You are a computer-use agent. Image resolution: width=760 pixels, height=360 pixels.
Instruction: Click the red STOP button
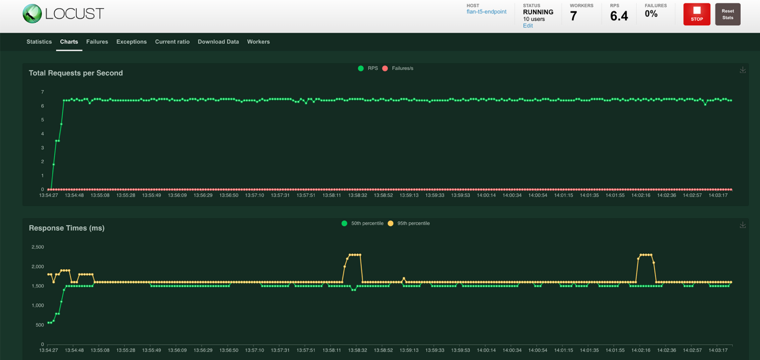697,14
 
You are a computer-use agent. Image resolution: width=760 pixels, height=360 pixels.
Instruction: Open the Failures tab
97,42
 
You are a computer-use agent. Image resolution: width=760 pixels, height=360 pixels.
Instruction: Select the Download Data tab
218,42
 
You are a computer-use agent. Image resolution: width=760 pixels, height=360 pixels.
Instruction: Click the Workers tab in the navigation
258,42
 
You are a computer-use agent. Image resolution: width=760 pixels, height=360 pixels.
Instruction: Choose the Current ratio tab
172,42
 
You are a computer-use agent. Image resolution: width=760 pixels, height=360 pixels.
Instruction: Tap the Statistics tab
39,42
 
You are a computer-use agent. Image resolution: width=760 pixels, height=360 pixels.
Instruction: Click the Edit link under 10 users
528,26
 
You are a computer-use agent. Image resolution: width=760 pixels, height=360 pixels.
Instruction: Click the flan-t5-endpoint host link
486,12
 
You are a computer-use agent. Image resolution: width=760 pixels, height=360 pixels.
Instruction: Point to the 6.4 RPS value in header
619,16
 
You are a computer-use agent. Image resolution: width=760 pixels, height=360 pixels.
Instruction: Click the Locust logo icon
32,14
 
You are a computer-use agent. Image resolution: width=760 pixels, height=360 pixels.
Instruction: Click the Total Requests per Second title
75,73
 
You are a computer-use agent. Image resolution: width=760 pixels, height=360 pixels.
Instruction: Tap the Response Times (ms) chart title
66,228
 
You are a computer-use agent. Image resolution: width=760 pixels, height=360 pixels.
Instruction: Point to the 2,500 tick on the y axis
37,247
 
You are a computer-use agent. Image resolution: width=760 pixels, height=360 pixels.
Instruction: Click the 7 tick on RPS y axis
42,92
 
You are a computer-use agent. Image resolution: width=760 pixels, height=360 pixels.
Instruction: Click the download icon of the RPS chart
742,70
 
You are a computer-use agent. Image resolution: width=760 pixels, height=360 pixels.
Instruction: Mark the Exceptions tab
131,42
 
